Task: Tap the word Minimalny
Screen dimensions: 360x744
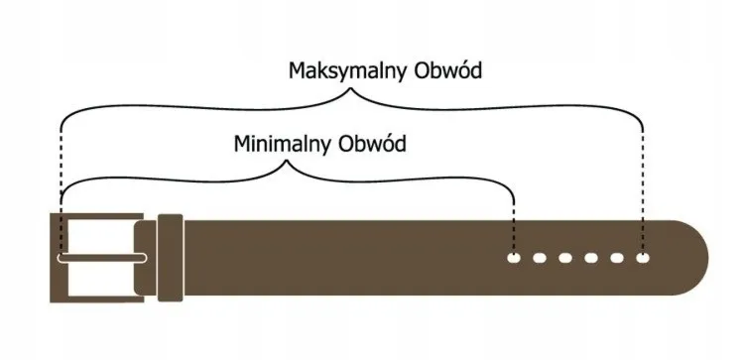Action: pos(283,144)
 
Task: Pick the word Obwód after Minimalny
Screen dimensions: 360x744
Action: pos(373,144)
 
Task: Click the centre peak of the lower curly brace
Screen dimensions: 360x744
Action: pos(288,165)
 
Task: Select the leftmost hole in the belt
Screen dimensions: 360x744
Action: pos(514,259)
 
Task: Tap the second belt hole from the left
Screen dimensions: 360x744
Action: pos(540,259)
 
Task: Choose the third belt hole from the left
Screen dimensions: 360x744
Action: pos(565,259)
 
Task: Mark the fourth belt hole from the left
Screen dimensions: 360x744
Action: pos(591,259)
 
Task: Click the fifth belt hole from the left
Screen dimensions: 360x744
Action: pos(617,259)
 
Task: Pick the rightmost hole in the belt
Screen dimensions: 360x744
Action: pos(643,259)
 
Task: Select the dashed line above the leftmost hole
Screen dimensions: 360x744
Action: pos(514,223)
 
